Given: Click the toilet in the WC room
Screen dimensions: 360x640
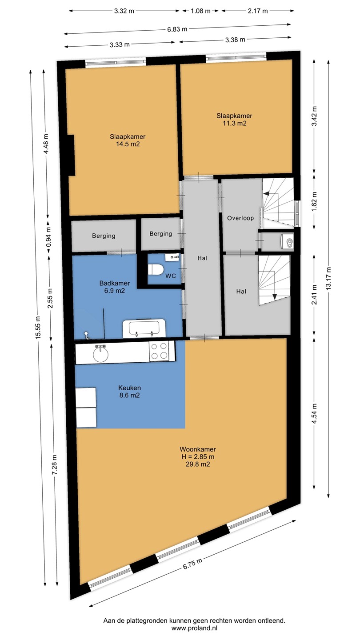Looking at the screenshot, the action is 156,269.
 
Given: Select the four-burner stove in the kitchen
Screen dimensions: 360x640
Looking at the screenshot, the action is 159,351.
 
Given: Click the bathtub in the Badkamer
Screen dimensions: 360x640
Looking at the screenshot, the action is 144,328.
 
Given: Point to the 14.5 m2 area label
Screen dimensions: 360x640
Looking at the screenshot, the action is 128,144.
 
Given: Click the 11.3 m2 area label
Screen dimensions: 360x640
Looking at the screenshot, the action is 235,124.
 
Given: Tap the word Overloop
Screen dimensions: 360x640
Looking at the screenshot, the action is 240,218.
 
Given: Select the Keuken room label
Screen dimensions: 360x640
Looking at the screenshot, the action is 129,388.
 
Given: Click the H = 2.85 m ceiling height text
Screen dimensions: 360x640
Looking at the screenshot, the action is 198,456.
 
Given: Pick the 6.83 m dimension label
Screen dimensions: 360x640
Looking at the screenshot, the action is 177,29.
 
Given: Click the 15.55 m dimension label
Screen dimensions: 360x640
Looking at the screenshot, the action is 38,328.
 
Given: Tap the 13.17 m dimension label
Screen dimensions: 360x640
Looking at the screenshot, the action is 328,278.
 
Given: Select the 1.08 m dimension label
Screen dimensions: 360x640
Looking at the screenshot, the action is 200,11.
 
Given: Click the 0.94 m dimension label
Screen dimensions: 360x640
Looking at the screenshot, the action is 48,237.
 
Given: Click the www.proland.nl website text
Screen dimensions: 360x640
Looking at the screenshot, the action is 194,628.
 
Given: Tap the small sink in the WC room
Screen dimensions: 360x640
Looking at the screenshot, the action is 172,257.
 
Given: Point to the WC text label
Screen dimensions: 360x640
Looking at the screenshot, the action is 171,276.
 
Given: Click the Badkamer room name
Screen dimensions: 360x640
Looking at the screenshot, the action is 115,283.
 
